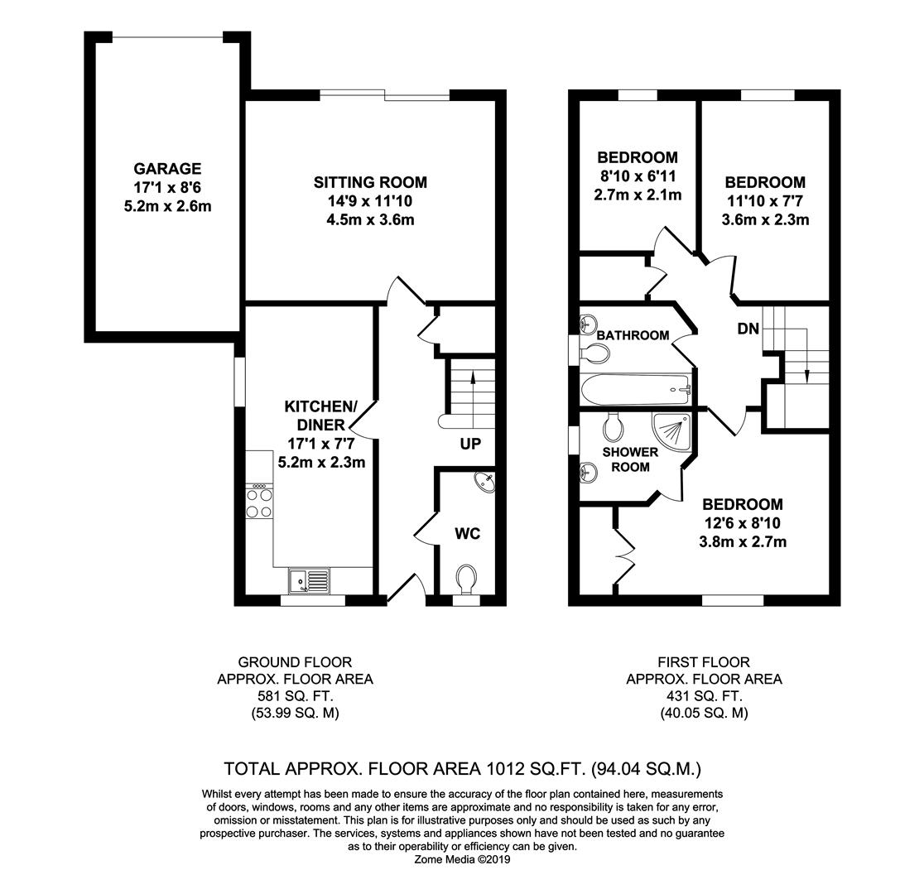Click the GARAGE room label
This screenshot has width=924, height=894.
tap(168, 169)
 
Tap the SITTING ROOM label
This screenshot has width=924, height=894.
tap(370, 182)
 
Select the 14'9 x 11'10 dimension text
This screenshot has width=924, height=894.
tap(370, 201)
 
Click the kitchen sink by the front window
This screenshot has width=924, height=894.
tap(309, 580)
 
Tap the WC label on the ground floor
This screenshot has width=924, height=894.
tap(468, 534)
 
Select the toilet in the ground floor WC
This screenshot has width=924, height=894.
tap(467, 578)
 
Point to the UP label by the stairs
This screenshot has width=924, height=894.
tap(470, 445)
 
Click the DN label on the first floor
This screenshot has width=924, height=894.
tap(748, 329)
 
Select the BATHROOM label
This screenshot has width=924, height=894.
tap(633, 335)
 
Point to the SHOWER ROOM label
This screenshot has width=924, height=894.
tap(630, 459)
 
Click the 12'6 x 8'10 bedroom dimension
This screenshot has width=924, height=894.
tap(742, 523)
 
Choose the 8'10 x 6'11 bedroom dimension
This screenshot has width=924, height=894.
tap(637, 176)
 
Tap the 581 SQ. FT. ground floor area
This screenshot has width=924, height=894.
tap(295, 696)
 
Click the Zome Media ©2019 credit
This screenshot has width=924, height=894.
tap(463, 860)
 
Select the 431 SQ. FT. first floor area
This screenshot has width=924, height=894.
tap(704, 696)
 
